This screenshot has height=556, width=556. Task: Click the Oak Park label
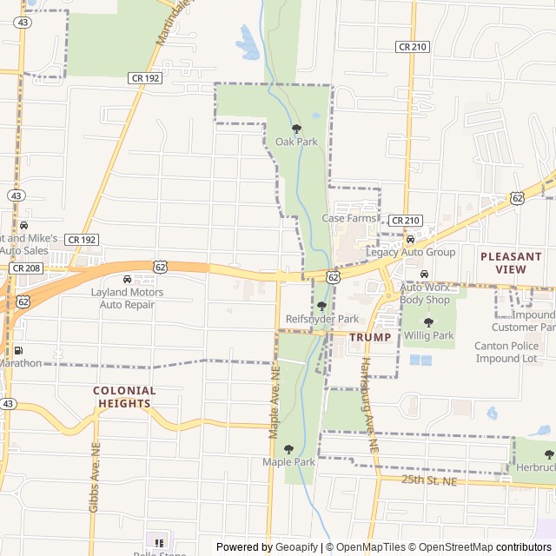[x=296, y=142]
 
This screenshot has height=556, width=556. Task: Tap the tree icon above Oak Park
[x=296, y=129]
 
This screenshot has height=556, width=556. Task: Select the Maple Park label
[x=288, y=462]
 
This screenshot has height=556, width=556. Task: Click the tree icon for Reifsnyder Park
[x=321, y=306]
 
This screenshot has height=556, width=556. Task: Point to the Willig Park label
[x=428, y=335]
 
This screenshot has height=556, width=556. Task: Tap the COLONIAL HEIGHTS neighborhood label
[x=125, y=397]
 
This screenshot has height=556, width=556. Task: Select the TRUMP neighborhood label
[x=370, y=336]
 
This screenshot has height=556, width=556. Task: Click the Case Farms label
[x=348, y=218]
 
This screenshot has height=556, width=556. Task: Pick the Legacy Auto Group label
[x=411, y=252]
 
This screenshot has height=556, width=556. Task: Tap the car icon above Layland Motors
[x=128, y=279]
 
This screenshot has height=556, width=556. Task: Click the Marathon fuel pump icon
[x=18, y=350]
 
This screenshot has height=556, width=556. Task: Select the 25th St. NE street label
[x=428, y=480]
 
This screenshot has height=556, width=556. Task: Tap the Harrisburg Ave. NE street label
[x=369, y=403]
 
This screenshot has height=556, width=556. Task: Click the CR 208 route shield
[x=25, y=268]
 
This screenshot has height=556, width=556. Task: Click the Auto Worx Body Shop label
[x=425, y=293]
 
